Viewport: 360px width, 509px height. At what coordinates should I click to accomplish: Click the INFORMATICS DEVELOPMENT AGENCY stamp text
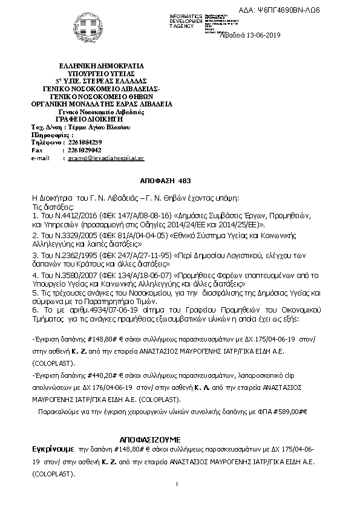coord(185,21)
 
